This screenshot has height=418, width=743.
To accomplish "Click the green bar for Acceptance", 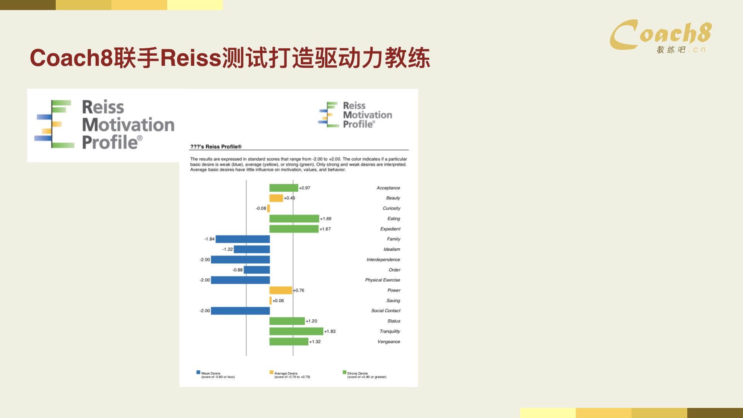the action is point(284,188).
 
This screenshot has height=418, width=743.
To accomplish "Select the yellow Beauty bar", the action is point(276,198).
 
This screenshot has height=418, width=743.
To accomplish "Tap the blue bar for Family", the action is point(243,239).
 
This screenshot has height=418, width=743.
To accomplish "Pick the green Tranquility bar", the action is point(296,331).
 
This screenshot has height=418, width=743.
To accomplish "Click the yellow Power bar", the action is point(281,290).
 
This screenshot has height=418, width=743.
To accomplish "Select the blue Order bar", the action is point(257,270).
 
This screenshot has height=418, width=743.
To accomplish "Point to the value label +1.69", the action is point(325,219).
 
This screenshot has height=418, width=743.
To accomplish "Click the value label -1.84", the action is point(209,239).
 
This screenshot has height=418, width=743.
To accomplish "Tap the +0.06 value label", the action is point(278,301).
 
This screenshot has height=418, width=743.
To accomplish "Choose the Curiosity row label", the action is point(392,208).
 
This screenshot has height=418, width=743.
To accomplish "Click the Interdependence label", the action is point(383,260).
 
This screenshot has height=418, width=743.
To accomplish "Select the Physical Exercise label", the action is point(382,280).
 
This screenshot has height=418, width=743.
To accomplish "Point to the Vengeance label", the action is point(389,342).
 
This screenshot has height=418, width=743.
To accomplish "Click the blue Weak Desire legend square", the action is point(199,372).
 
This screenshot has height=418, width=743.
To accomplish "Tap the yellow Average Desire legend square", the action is point(271,372).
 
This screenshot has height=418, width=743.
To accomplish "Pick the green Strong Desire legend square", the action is point(344,372).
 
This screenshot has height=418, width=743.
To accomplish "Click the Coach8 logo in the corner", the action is point(661,36).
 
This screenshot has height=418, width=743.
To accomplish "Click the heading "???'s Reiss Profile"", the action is point(216,147).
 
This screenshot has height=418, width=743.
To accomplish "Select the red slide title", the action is point(230,58).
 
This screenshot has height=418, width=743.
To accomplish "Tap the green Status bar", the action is point(287,321).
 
